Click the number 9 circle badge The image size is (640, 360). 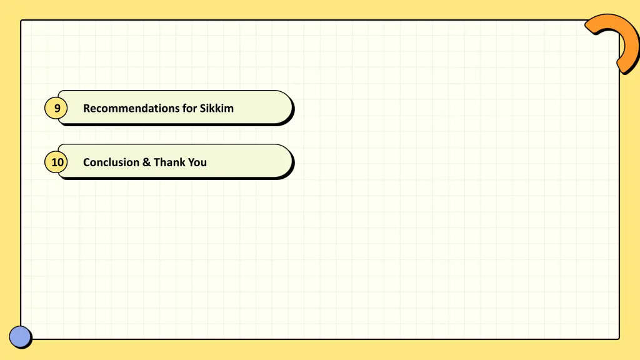(56, 109)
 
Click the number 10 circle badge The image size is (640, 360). (57, 162)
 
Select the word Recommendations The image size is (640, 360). (131, 108)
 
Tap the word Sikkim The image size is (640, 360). (217, 108)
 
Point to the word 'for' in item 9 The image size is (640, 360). (190, 108)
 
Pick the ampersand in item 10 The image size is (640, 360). (146, 162)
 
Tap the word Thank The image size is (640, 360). (169, 162)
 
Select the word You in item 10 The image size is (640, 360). (197, 162)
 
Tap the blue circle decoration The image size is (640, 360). (20, 337)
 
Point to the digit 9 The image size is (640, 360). (57, 109)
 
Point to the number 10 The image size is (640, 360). (57, 162)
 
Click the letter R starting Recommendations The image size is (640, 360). (87, 108)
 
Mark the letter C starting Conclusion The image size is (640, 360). (87, 162)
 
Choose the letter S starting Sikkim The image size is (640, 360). (203, 108)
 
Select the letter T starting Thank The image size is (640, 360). (157, 162)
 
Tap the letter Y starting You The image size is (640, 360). (191, 162)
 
